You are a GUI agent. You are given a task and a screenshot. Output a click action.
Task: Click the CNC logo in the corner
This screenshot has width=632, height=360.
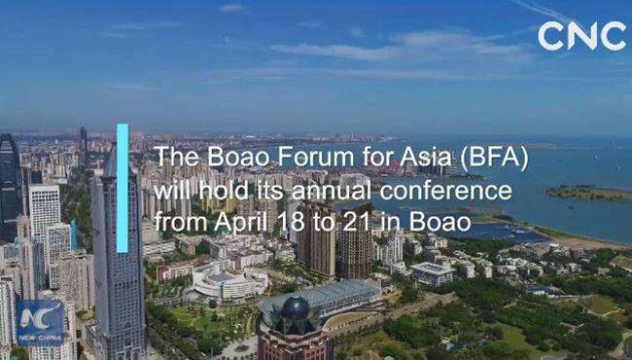click(581, 36)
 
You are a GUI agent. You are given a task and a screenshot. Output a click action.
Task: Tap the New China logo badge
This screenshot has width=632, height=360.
click(40, 322)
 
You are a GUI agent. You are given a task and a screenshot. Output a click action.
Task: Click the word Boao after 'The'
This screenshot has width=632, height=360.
click(226, 160)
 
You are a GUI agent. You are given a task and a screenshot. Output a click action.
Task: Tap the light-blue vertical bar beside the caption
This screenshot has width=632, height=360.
click(123, 188)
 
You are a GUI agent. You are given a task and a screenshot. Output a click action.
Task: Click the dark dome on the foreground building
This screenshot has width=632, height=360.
click(295, 309)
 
